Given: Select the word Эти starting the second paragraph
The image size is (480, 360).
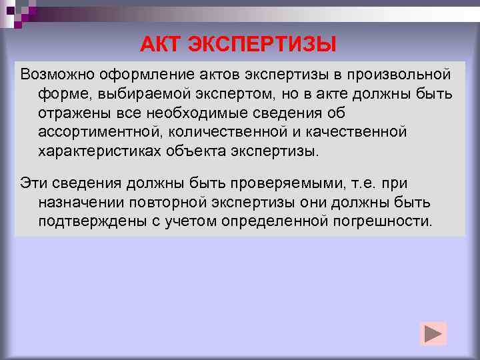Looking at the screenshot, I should pyautogui.click(x=32, y=182).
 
